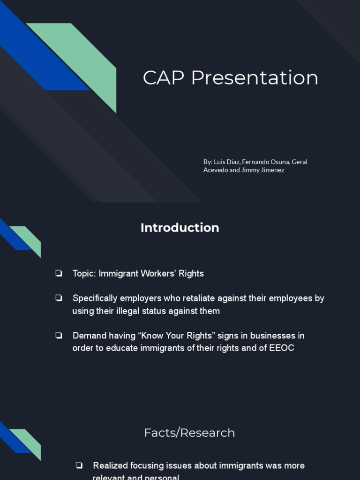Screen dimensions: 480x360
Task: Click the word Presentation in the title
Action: tap(255, 78)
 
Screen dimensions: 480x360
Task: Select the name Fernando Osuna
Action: tap(265, 162)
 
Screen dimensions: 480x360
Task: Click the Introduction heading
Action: tap(180, 228)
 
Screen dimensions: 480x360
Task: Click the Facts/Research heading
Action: tap(189, 433)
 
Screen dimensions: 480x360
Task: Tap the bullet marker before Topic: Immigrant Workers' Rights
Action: tap(59, 273)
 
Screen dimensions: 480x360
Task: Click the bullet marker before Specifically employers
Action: tap(59, 298)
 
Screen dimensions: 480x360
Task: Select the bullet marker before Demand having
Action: tap(59, 336)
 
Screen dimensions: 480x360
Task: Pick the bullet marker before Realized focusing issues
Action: tap(79, 465)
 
